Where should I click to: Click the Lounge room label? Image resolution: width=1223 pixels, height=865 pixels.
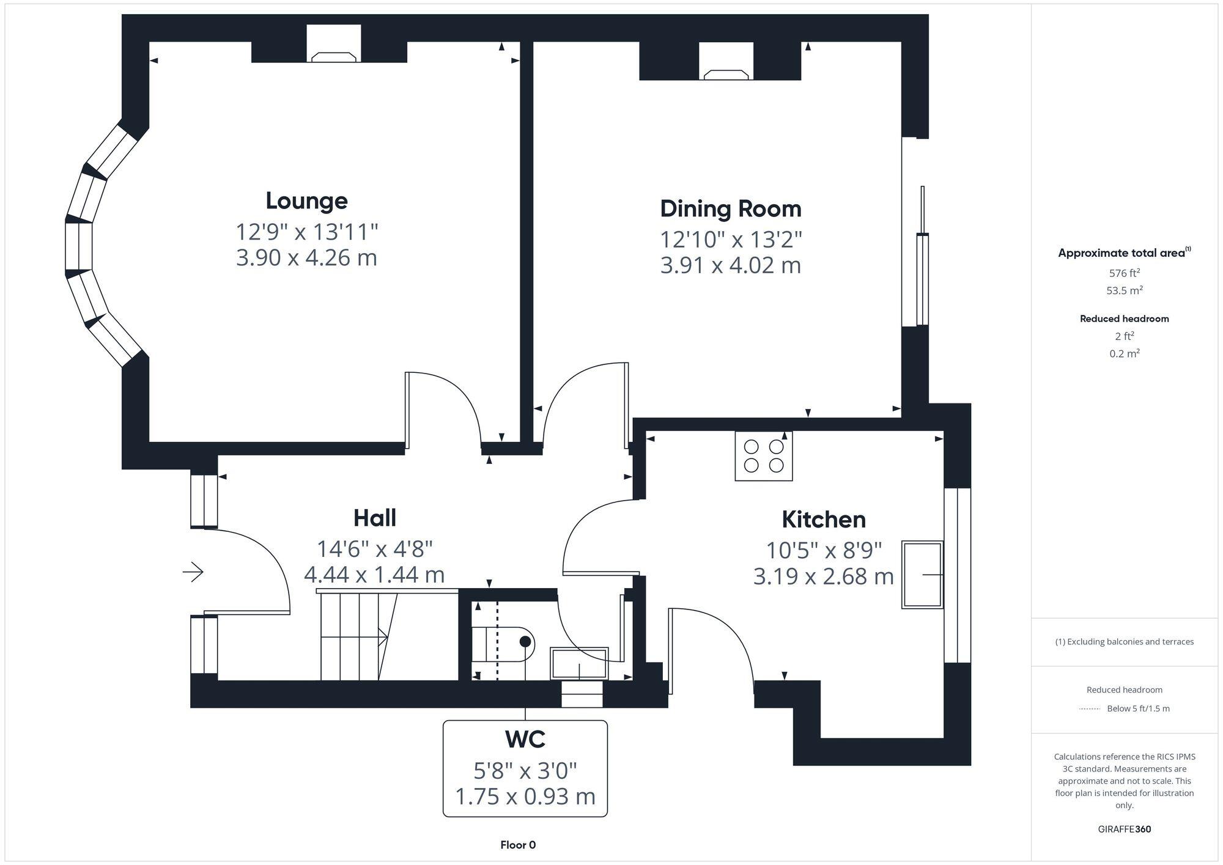[306, 201]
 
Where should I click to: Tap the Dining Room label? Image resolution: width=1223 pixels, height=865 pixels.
[731, 208]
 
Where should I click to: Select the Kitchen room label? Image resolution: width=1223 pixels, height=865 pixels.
[824, 519]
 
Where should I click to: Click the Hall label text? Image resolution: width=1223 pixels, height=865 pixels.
[374, 518]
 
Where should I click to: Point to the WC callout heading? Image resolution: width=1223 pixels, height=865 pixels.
[525, 739]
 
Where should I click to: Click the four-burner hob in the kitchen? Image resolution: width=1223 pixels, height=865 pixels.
[764, 456]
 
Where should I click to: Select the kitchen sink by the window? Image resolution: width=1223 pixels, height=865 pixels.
[922, 574]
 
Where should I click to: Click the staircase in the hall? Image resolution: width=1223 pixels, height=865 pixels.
[358, 636]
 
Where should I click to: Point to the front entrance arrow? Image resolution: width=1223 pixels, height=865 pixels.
[193, 572]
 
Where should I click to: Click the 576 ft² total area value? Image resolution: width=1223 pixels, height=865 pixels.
[1124, 273]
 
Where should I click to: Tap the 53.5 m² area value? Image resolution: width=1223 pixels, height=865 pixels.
[1124, 290]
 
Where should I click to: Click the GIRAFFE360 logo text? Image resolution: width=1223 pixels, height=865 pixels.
[1124, 829]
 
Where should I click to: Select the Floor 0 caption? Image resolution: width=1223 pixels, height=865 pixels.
[518, 845]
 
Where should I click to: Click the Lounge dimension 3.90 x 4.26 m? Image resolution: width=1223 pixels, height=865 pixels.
[306, 257]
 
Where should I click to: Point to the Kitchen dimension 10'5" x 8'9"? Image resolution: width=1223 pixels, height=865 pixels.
[824, 550]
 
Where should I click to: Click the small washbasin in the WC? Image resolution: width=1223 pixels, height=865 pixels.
[579, 663]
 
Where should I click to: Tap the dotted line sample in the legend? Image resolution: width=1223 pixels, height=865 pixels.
[1090, 709]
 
